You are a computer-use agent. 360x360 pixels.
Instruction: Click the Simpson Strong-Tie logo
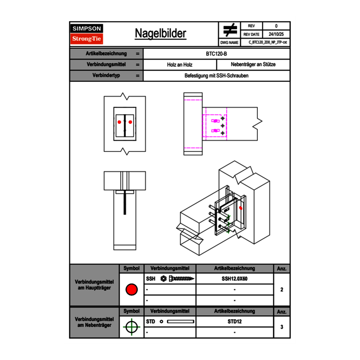[87, 34]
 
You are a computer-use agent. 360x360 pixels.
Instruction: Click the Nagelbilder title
[160, 34]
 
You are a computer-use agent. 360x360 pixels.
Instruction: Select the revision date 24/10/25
[276, 34]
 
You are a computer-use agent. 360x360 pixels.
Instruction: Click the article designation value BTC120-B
[217, 54]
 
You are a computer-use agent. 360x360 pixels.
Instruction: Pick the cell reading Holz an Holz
[180, 65]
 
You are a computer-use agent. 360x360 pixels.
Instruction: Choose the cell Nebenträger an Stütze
[253, 65]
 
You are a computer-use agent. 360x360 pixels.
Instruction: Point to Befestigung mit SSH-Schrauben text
[217, 76]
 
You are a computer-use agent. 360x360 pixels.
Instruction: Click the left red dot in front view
[119, 122]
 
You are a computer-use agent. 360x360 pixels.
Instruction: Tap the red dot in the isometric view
[241, 208]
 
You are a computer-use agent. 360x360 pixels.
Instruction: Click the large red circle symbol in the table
[131, 290]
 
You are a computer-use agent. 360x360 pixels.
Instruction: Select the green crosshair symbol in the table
[131, 327]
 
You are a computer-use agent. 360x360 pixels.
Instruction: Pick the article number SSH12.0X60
[234, 279]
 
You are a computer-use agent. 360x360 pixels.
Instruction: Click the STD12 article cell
[234, 322]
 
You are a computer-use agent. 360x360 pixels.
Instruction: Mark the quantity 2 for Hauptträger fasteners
[281, 290]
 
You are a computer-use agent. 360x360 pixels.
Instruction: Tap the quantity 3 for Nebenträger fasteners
[281, 327]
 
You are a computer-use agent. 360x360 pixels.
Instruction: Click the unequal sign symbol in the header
[230, 30]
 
